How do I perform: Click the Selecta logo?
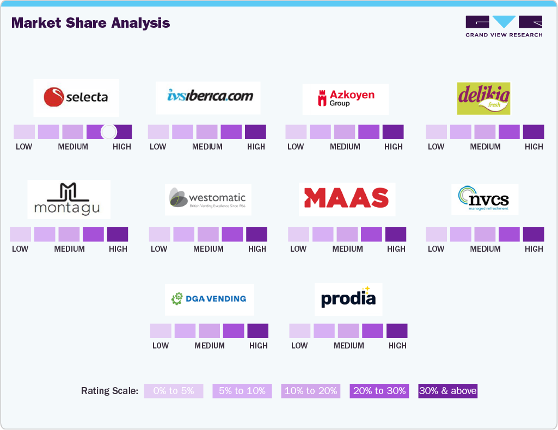(76, 98)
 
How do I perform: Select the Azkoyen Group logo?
(345, 99)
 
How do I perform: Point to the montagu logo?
(69, 200)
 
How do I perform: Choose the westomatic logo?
(208, 200)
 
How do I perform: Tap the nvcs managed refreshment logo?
(485, 200)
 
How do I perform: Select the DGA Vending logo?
(209, 299)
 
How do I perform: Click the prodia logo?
(348, 299)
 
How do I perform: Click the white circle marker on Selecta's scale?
(109, 132)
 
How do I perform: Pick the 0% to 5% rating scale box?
(173, 391)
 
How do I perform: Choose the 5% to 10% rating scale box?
(242, 391)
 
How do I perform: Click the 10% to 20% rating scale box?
(311, 391)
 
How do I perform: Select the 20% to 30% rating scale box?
(379, 391)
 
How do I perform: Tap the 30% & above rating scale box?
(448, 391)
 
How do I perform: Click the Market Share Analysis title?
(90, 23)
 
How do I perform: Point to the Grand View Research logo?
(504, 26)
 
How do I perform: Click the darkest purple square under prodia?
(397, 331)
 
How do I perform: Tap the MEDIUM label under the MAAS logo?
(347, 249)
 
